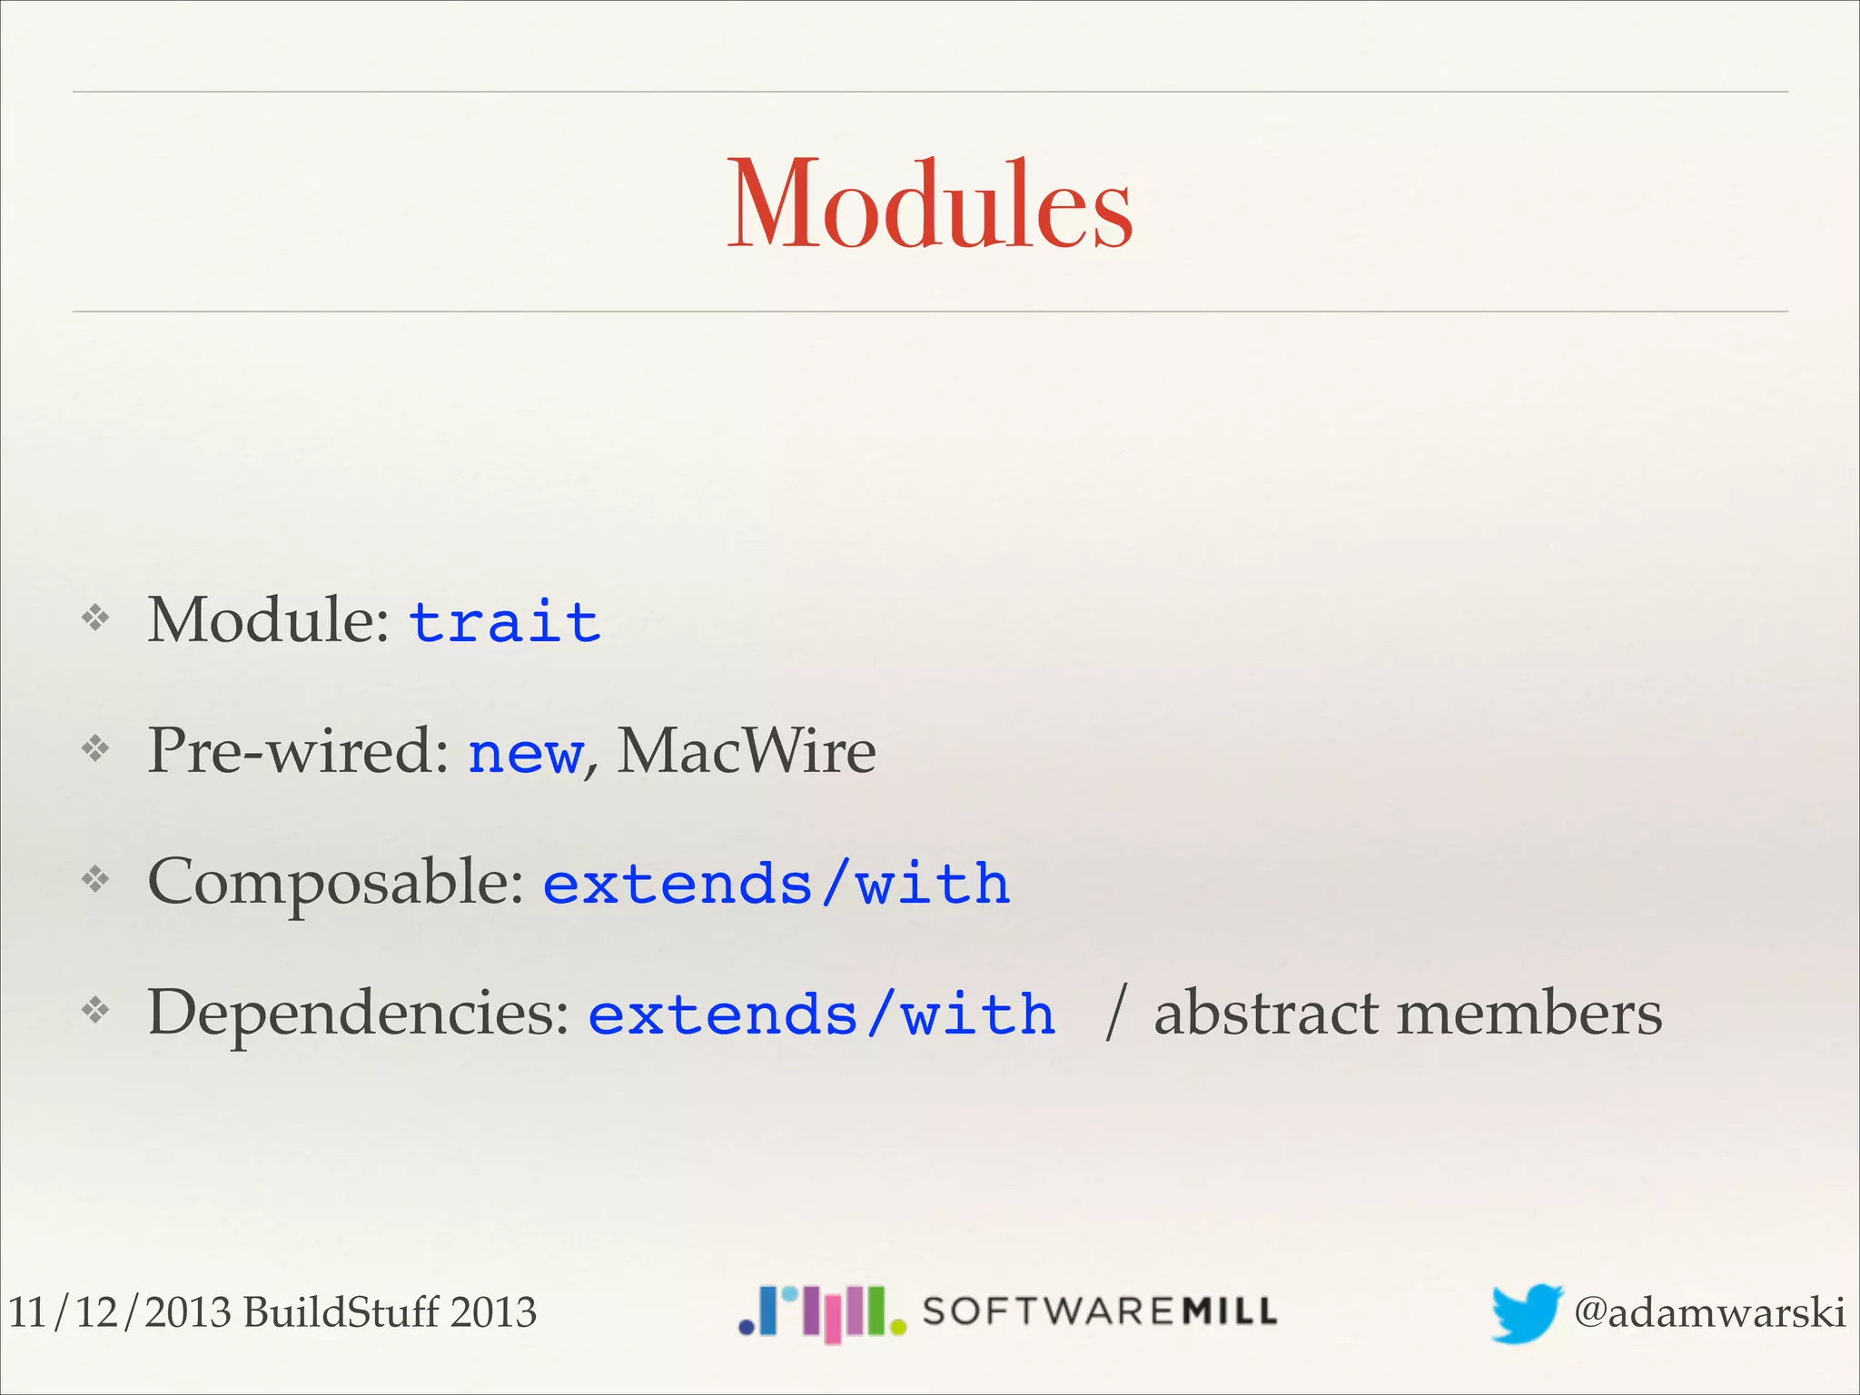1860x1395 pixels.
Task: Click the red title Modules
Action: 930,204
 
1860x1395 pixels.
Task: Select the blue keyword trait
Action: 505,623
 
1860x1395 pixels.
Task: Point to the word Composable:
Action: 336,883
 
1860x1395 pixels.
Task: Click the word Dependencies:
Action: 359,1014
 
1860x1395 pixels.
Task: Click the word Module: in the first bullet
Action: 269,621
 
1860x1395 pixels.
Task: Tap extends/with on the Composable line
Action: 777,885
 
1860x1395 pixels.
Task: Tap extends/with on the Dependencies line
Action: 822,1015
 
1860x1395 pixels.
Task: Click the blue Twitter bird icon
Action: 1526,1312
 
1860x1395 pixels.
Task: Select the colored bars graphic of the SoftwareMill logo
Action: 822,1313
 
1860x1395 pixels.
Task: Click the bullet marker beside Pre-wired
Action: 95,749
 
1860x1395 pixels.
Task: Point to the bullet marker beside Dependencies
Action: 95,1010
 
